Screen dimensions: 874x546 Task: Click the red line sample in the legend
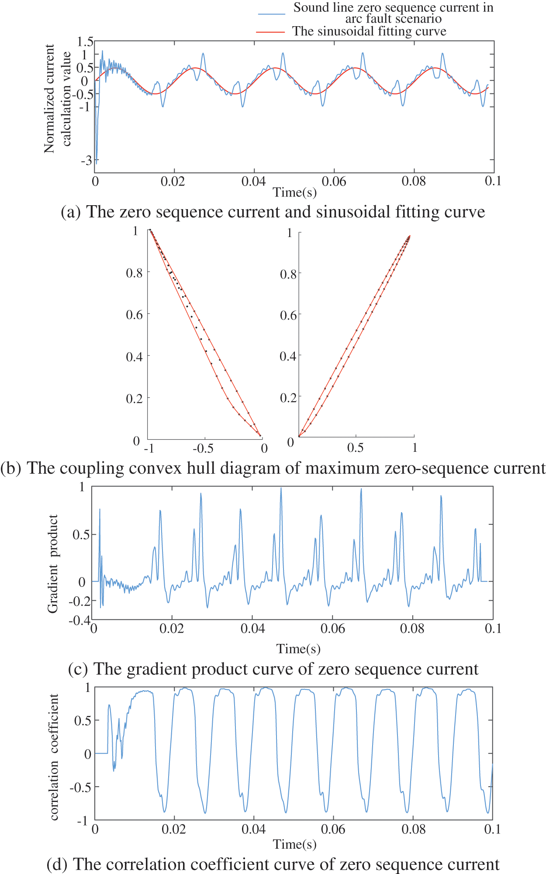270,32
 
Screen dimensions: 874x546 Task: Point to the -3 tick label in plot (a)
86,161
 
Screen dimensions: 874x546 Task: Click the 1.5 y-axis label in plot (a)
85,42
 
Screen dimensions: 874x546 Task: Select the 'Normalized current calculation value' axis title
57,98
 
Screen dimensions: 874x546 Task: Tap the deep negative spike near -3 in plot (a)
96,159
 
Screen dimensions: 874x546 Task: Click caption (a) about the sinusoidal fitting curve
273,212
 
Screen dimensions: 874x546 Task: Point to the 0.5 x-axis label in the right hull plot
355,448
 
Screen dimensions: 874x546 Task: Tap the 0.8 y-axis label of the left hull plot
134,273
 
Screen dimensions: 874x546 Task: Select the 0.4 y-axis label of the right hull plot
288,356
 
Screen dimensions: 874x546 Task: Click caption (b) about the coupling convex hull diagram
273,468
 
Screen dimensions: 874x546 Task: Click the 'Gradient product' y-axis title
53,564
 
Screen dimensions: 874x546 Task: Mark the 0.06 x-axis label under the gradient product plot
332,629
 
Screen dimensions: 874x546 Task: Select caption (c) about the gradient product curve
273,669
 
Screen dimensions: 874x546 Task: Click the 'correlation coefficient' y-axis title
54,757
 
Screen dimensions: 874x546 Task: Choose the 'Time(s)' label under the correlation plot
294,844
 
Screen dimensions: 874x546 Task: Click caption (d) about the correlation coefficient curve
273,864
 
